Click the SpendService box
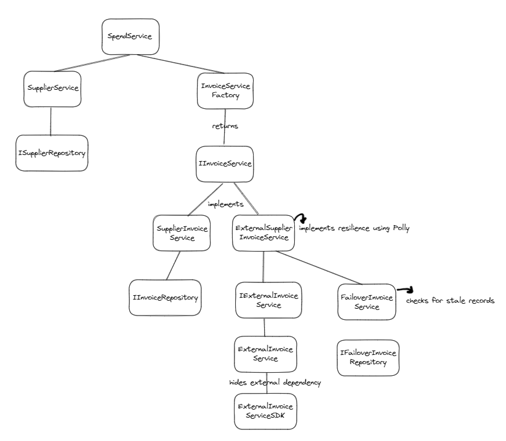(x=130, y=36)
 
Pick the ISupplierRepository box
(x=52, y=153)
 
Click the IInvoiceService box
(x=224, y=164)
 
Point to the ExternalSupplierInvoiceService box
(x=263, y=232)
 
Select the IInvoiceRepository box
(x=165, y=298)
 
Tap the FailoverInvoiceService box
(x=367, y=301)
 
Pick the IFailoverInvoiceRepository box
(x=368, y=357)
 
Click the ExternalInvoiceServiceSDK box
(x=265, y=411)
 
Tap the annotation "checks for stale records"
(x=450, y=301)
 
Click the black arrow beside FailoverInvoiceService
(x=405, y=290)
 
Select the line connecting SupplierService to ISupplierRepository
(x=50, y=121)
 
